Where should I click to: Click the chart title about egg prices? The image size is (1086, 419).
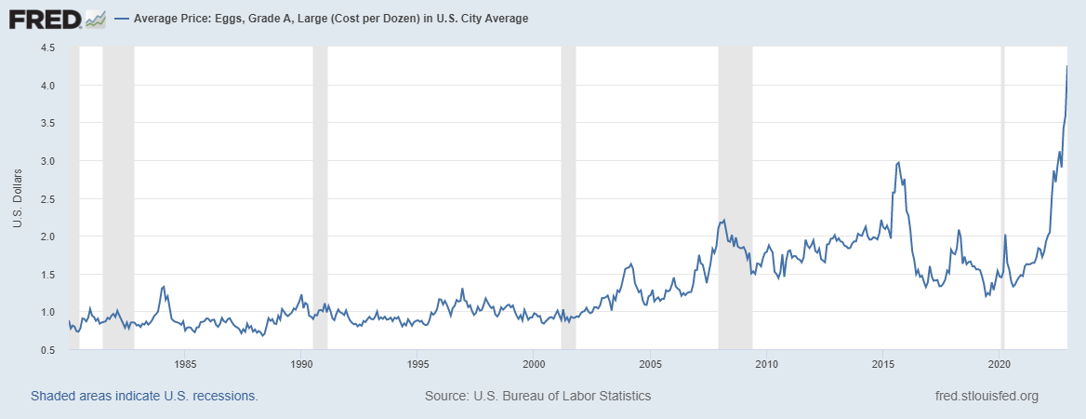click(331, 19)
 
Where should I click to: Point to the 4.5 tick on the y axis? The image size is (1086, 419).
click(47, 47)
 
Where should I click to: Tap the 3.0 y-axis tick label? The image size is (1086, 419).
click(47, 161)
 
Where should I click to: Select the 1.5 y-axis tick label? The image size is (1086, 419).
click(47, 275)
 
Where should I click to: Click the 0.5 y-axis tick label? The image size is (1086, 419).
click(47, 350)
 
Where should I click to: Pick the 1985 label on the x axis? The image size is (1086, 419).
click(185, 363)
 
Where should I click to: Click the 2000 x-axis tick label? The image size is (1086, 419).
click(534, 363)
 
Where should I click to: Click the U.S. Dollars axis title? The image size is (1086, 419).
click(18, 198)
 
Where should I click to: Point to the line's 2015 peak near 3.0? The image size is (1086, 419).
click(897, 163)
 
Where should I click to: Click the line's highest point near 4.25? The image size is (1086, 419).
click(1066, 66)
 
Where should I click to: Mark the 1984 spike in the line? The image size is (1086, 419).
click(164, 287)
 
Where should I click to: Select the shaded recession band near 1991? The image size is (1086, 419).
click(320, 186)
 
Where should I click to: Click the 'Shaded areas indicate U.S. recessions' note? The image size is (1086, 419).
click(144, 396)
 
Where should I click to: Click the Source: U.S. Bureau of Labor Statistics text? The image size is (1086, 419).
click(537, 396)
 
